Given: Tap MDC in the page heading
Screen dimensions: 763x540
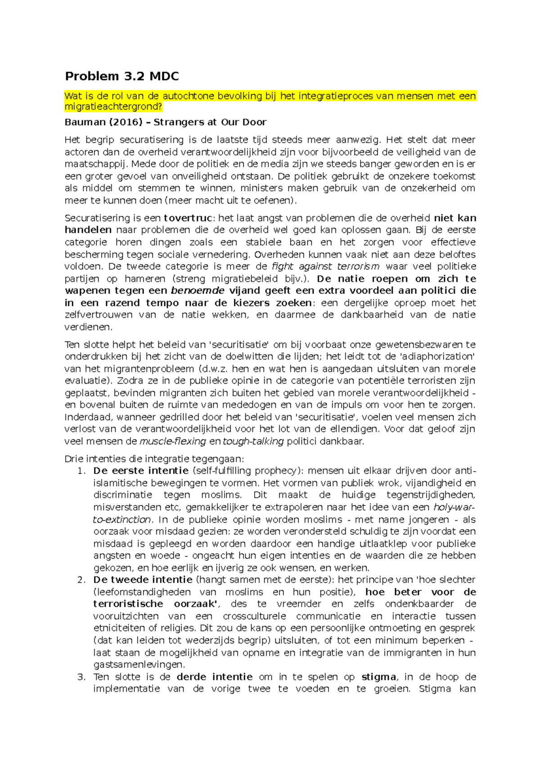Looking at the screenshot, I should point(164,76).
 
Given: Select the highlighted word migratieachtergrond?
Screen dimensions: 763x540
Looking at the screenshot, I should point(113,107).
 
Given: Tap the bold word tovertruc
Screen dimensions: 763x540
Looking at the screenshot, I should point(188,218).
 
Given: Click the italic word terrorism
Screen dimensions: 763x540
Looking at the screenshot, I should point(358,266).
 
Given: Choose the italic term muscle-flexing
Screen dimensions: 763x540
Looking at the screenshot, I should point(173,441).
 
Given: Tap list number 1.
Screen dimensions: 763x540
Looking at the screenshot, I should point(81,471).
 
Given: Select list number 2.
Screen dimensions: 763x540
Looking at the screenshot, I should point(81,580).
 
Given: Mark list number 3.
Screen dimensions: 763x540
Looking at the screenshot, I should point(81,677).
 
